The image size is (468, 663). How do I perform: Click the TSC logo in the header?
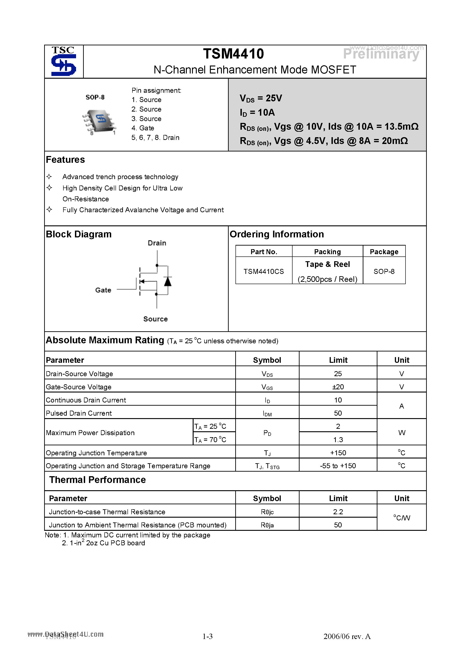63,61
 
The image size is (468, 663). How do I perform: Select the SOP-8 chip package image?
99,121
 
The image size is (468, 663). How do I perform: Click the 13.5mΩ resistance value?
401,127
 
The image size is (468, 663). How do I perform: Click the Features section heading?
65,160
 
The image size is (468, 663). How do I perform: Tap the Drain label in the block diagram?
157,243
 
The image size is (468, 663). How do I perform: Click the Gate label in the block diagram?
103,290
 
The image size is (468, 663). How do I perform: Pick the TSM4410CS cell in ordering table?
264,271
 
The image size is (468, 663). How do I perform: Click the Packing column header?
327,252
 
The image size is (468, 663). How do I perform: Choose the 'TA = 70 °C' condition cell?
210,439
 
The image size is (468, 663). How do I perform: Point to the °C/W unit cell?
401,518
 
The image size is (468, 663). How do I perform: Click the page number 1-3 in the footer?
208,636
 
